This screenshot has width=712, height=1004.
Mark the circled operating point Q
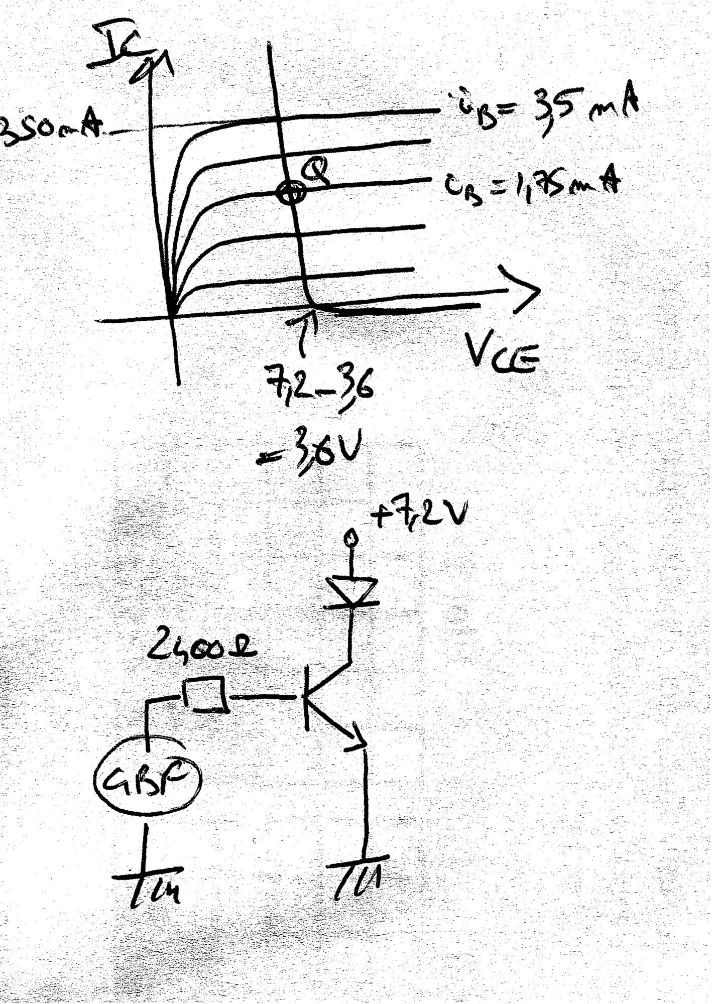(x=290, y=191)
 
